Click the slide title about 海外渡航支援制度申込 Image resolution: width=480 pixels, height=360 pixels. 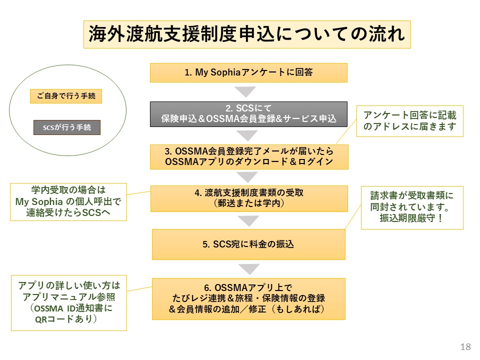(x=247, y=34)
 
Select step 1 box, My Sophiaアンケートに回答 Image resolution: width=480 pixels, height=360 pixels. (x=248, y=72)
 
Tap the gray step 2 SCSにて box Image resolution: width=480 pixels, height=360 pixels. (x=248, y=114)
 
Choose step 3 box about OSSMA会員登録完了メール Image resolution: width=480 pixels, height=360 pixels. (x=248, y=156)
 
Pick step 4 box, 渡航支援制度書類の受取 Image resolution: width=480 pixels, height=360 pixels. (x=248, y=198)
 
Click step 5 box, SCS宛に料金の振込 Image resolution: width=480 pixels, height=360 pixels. (x=248, y=244)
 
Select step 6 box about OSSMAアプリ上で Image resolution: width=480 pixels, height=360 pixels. (x=248, y=298)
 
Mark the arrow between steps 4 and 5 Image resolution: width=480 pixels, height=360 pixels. (x=248, y=220)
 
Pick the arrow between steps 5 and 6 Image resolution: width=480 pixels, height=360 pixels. (x=248, y=269)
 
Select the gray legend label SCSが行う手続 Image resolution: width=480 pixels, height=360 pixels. (x=66, y=127)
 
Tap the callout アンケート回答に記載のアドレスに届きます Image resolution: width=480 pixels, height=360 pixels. (x=409, y=121)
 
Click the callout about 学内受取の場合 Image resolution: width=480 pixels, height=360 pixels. (x=68, y=202)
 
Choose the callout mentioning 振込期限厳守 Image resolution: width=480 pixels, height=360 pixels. (x=412, y=207)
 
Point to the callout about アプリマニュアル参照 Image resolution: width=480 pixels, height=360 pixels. (x=69, y=302)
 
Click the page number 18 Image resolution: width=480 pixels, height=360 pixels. (x=465, y=347)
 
